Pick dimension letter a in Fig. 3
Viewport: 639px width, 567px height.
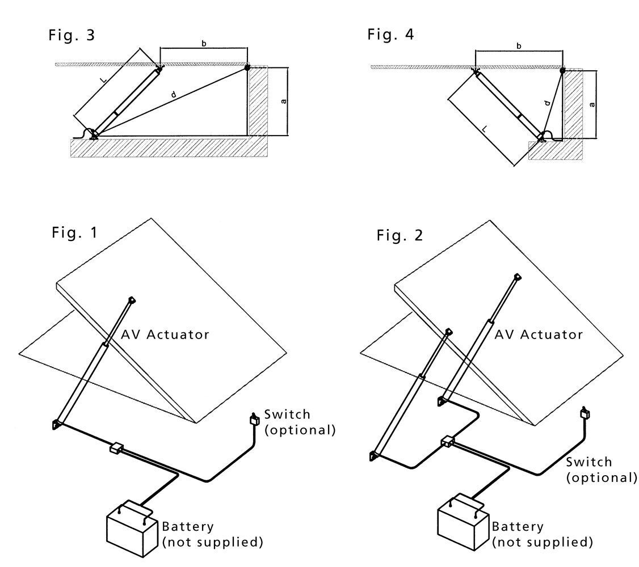coord(283,101)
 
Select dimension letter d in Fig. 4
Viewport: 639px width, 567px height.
coord(546,103)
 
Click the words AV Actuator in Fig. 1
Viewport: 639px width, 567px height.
coord(165,334)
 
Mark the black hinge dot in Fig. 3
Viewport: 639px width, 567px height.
coord(247,67)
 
